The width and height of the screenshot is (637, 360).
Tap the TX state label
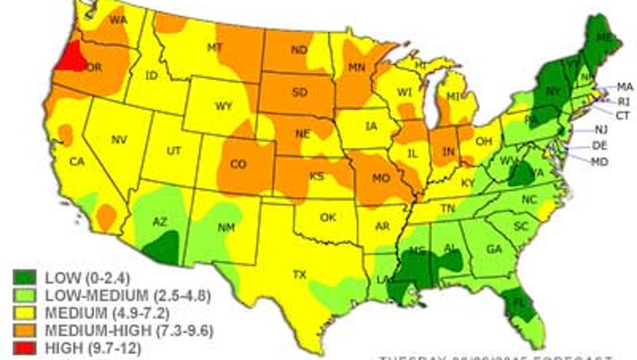click(x=299, y=275)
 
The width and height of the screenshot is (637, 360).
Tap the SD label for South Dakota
click(x=300, y=93)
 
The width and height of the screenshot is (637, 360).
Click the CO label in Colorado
click(x=238, y=164)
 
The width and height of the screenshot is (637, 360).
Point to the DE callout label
click(x=599, y=146)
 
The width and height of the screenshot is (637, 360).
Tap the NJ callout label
click(x=601, y=130)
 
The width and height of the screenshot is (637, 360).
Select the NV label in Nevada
click(x=118, y=139)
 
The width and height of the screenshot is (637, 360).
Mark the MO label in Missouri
click(x=380, y=179)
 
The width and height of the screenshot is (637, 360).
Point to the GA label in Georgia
click(x=494, y=249)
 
